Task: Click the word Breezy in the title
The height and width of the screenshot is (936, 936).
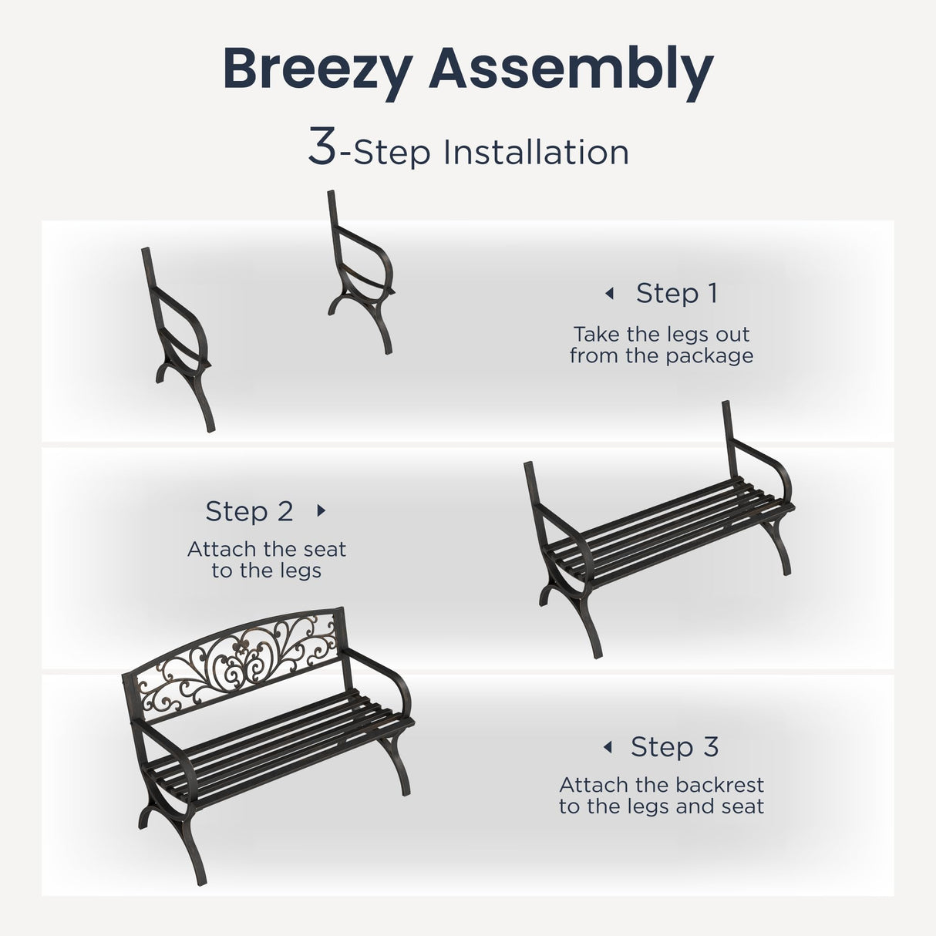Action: (318, 69)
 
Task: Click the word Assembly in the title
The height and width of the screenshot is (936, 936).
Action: (571, 69)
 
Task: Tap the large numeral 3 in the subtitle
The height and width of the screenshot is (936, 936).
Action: (322, 147)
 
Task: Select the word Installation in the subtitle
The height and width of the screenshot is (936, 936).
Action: (536, 153)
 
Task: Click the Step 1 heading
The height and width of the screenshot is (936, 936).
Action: (676, 293)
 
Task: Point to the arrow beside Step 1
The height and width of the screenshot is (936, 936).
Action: (609, 294)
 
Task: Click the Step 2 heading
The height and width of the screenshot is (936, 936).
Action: (249, 511)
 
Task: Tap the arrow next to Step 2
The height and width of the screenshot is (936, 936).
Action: (322, 510)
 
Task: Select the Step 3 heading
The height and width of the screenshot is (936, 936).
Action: (675, 746)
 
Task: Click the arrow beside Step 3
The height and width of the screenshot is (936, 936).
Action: (608, 747)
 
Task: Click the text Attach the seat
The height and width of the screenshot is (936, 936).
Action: (267, 549)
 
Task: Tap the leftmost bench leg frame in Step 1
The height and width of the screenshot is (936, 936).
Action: (178, 339)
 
